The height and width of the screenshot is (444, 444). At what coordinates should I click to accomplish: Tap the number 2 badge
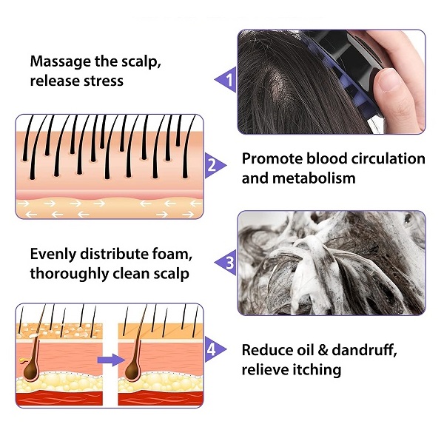click(x=212, y=166)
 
